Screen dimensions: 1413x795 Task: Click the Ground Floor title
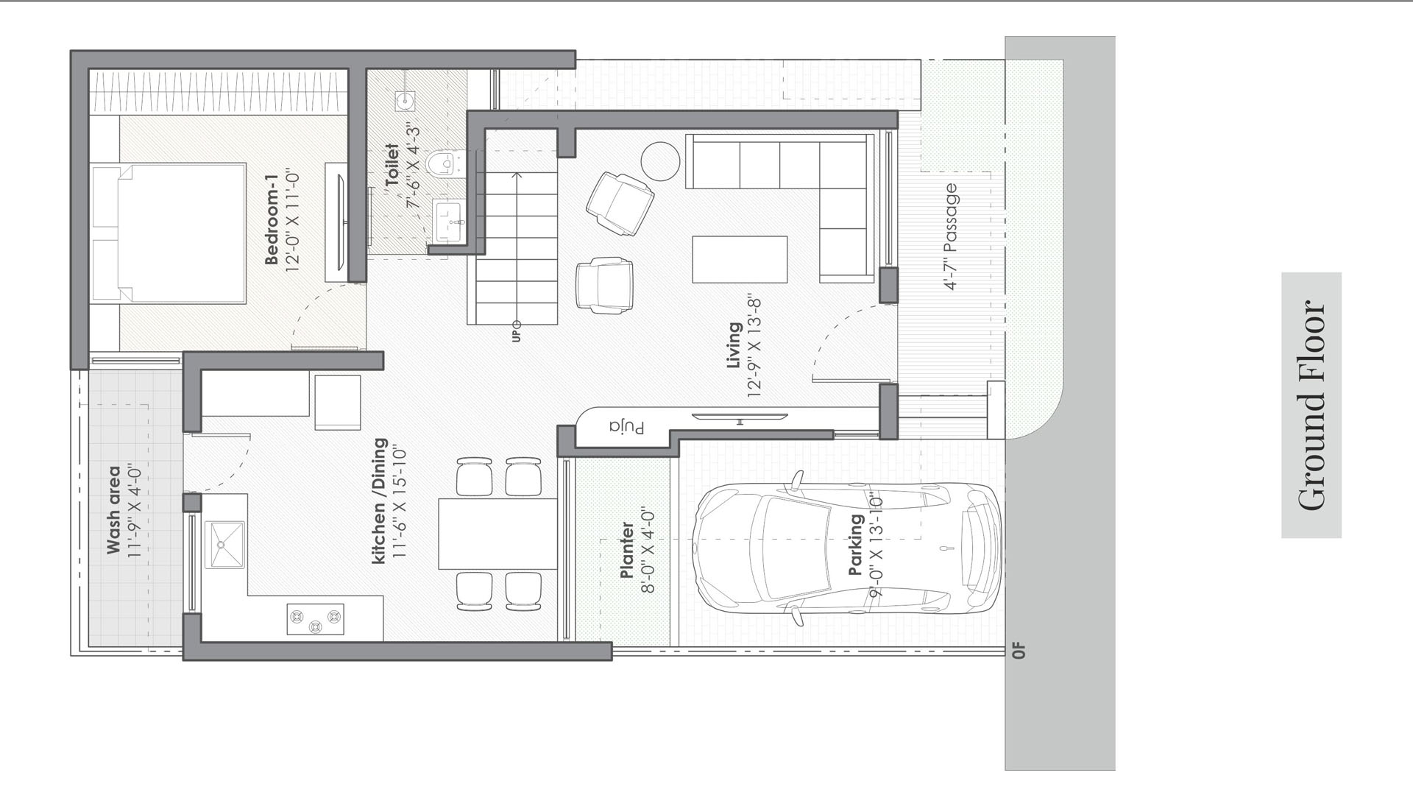click(x=1311, y=405)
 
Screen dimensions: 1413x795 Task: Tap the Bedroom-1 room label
click(x=272, y=219)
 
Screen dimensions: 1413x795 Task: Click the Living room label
click(x=734, y=345)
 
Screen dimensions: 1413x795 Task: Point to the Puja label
click(x=627, y=428)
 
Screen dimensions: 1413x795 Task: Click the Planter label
click(x=627, y=550)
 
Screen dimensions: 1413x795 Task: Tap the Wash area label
click(x=113, y=509)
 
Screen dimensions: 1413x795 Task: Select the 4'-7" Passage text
click(x=951, y=236)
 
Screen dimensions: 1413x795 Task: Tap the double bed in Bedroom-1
click(x=169, y=233)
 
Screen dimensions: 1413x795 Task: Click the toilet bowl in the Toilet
click(x=445, y=163)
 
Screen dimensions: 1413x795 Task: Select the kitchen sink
click(x=224, y=545)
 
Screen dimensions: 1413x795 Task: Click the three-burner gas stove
click(x=315, y=619)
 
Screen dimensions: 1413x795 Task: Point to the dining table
click(x=497, y=534)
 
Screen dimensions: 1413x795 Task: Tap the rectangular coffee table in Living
click(x=740, y=259)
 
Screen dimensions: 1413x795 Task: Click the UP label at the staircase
click(x=516, y=336)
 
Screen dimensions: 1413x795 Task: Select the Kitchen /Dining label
click(x=379, y=501)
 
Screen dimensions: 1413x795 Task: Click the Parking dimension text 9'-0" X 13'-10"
click(x=875, y=545)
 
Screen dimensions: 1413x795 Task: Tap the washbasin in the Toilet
click(x=448, y=220)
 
